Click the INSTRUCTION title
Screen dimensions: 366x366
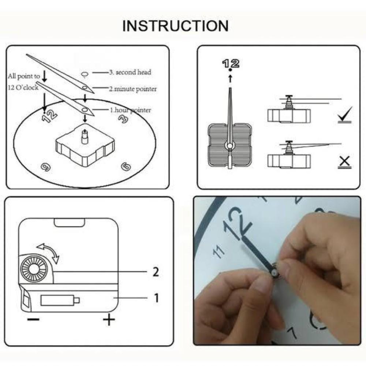(x=175, y=26)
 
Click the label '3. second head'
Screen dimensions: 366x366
(x=130, y=72)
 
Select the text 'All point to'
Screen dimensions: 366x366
(x=24, y=76)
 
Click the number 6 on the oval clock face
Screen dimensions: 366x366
(x=126, y=167)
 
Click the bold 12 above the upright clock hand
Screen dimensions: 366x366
(x=231, y=63)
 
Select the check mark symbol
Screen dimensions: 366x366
(x=344, y=115)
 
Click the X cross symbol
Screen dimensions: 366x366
(x=344, y=161)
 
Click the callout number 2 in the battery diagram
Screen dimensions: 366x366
(x=156, y=272)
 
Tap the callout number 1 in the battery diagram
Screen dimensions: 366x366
(x=156, y=298)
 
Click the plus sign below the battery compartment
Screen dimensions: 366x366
(x=109, y=321)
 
